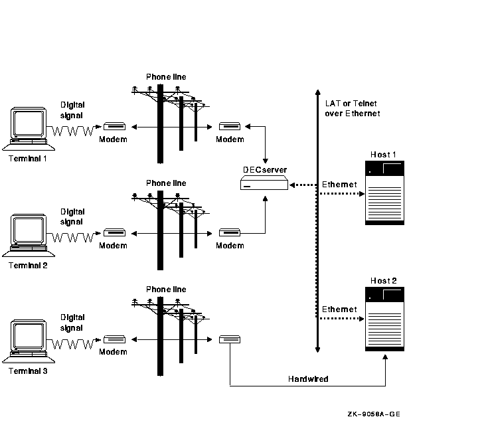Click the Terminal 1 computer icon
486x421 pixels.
coord(28,128)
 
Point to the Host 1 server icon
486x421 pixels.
coord(384,192)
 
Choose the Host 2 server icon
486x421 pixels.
coord(384,319)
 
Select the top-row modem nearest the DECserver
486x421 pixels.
coord(230,127)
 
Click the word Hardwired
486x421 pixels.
coord(308,379)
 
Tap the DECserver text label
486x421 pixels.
coord(264,170)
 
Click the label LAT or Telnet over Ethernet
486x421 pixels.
coord(352,108)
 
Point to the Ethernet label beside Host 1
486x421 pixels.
coord(339,184)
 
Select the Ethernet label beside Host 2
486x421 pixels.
coord(339,309)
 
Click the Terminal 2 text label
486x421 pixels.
coord(28,265)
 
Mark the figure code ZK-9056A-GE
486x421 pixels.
coord(373,414)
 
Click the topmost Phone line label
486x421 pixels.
coord(166,77)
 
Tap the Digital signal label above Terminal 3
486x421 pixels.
coord(72,323)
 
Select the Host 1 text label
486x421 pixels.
coord(384,155)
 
